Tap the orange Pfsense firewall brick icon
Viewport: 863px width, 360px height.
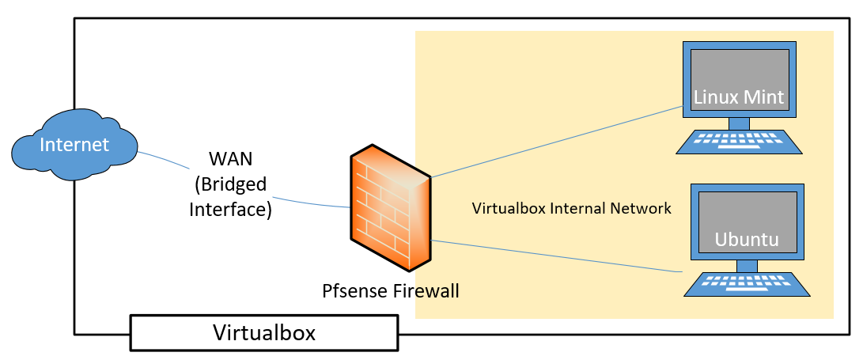(x=392, y=207)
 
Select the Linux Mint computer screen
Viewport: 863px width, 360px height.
(x=739, y=79)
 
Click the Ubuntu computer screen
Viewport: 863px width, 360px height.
(x=747, y=222)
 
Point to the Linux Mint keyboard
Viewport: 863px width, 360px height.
(x=739, y=142)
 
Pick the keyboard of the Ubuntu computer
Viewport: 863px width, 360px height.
(x=747, y=284)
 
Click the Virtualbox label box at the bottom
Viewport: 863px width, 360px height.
(x=263, y=332)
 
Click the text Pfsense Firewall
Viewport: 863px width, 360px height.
(x=391, y=290)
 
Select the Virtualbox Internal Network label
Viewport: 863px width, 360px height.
(x=571, y=209)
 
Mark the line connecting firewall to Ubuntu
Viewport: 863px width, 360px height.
(x=554, y=255)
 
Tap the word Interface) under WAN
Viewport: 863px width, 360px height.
(x=230, y=210)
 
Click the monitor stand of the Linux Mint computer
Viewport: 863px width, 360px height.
(x=739, y=123)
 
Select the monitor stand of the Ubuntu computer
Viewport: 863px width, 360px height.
(x=747, y=266)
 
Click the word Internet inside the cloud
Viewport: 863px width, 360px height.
(x=74, y=145)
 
